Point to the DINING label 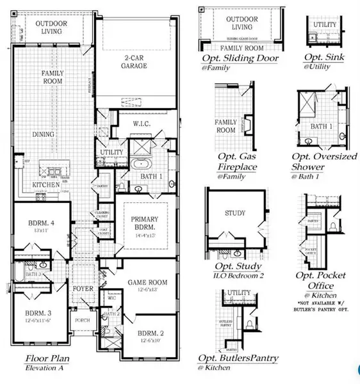tap(45, 135)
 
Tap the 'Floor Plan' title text tap(48, 359)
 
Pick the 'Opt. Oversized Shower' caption tap(323, 161)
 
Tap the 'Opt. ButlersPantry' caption tap(238, 358)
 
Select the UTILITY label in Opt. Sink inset tap(324, 24)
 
